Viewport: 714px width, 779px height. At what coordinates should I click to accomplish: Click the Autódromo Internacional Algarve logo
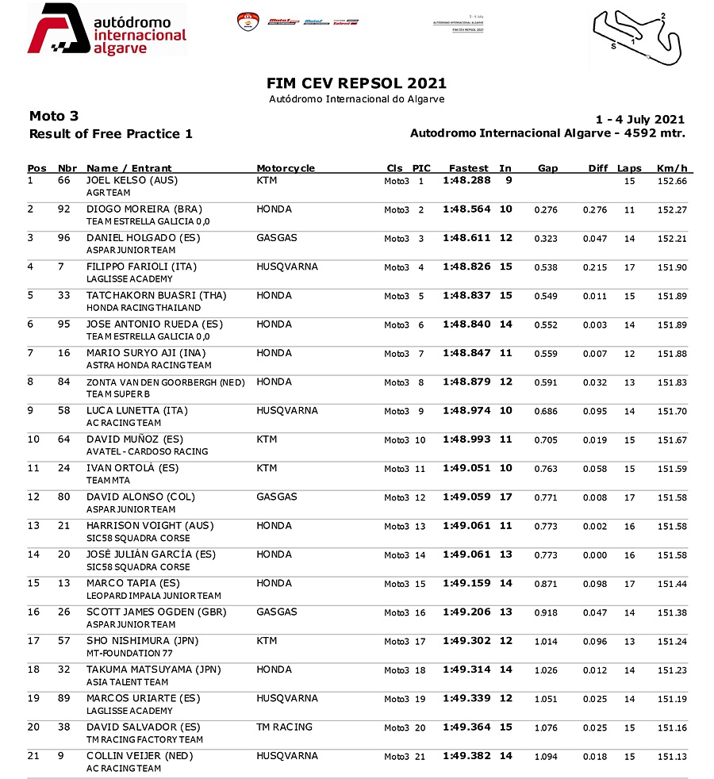coord(107,30)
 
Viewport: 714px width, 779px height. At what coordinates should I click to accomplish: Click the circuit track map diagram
coord(638,36)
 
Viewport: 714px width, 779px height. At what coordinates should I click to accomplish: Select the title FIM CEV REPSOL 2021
coord(356,83)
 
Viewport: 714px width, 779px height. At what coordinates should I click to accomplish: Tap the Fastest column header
coord(468,168)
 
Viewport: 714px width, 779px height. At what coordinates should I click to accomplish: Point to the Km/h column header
coord(671,168)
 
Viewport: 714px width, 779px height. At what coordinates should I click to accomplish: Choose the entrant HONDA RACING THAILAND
coord(144,308)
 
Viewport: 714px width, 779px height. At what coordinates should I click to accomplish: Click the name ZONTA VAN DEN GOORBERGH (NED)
coord(166,382)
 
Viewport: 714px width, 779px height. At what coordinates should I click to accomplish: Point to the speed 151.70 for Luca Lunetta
coord(671,411)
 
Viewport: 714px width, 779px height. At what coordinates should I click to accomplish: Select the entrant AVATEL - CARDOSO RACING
coord(148,451)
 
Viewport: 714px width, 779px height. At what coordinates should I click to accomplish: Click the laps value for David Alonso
coord(629,497)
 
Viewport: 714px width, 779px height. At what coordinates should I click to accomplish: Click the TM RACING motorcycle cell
coord(285,727)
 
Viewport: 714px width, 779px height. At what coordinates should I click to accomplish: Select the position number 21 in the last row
coord(33,756)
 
